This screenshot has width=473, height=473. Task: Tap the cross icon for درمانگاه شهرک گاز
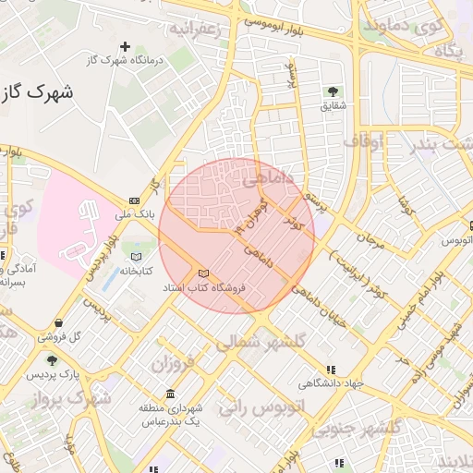pyautogui.click(x=126, y=46)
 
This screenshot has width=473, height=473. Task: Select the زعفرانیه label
pyautogui.click(x=195, y=29)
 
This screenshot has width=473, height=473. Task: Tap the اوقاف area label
pyautogui.click(x=369, y=141)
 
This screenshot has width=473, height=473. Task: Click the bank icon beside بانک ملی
pyautogui.click(x=135, y=200)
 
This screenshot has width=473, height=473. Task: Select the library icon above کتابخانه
pyautogui.click(x=137, y=256)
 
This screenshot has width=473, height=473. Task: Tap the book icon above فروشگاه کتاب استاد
pyautogui.click(x=204, y=273)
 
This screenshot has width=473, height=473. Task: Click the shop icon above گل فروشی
pyautogui.click(x=60, y=322)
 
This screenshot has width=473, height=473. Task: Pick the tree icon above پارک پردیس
pyautogui.click(x=50, y=359)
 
